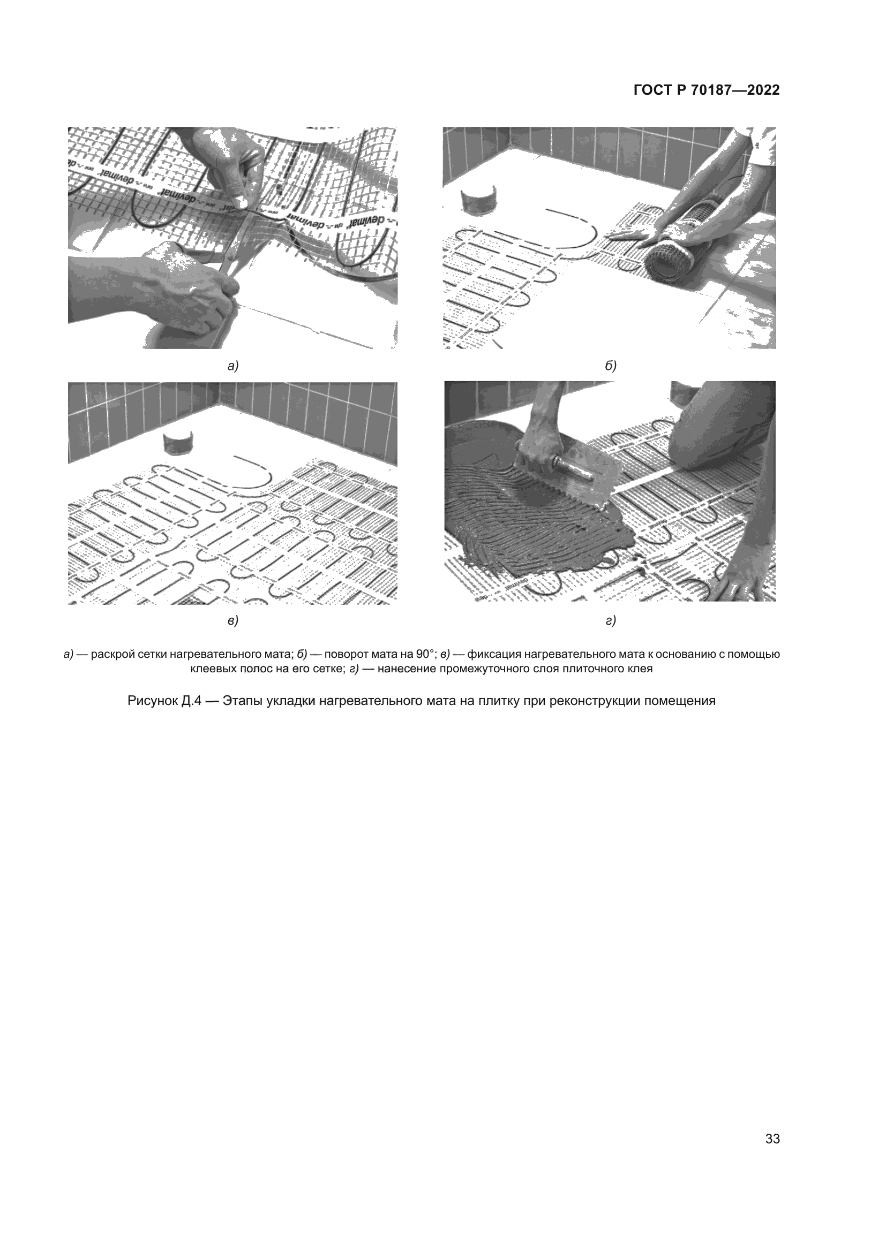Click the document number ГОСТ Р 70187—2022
(x=707, y=90)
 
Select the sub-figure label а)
(x=233, y=367)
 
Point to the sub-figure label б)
(x=611, y=367)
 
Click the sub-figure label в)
(x=233, y=620)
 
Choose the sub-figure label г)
(x=611, y=620)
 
